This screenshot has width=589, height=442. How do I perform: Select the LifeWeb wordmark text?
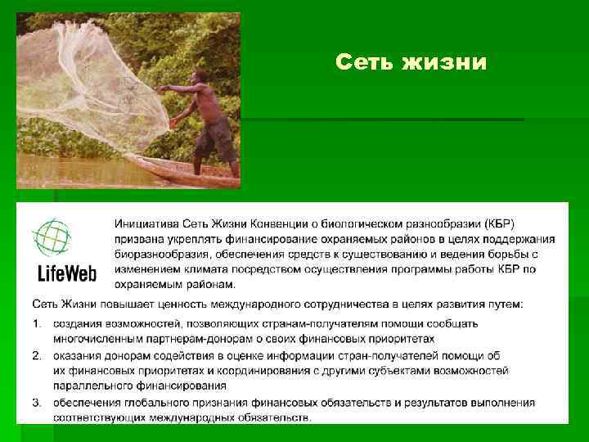(65, 273)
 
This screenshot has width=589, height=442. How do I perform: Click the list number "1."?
(38, 322)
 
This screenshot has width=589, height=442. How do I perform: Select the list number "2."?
(38, 354)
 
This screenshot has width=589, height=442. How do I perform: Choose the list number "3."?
(38, 402)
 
